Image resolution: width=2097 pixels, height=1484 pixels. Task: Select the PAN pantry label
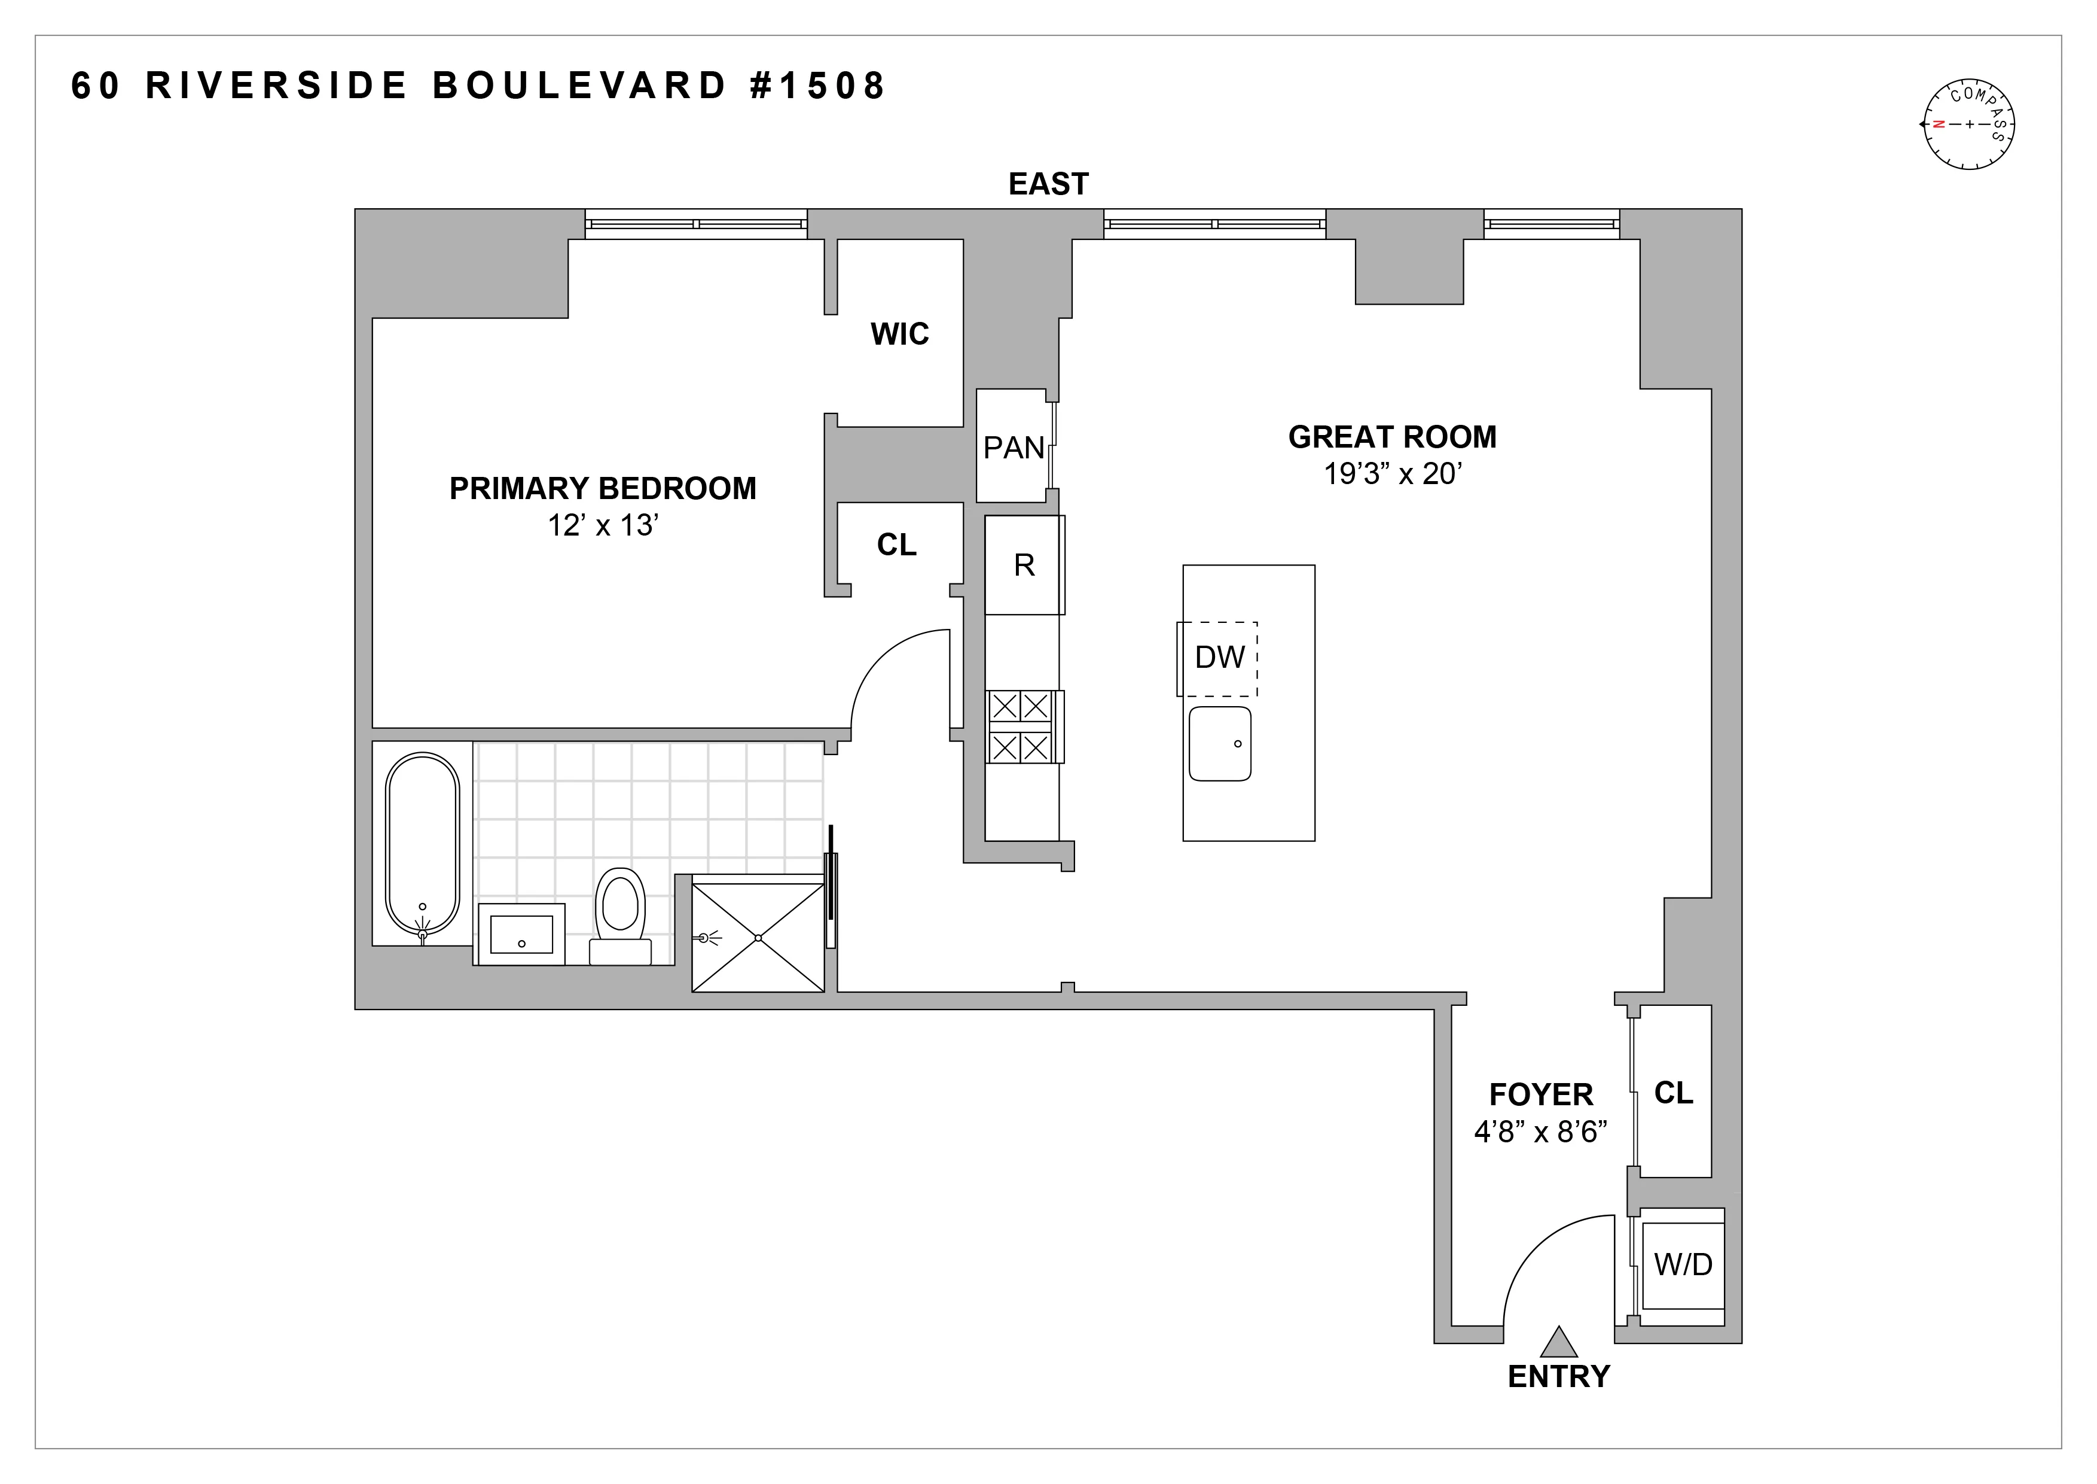[x=1013, y=448]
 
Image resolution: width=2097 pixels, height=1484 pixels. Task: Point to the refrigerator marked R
[x=1024, y=565]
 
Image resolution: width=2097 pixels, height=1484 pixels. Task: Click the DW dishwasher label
[x=1219, y=657]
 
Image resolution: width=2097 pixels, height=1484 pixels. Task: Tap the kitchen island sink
[x=1220, y=743]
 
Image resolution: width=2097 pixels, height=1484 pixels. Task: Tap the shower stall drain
[x=758, y=938]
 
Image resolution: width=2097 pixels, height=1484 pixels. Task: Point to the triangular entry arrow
[x=1558, y=1342]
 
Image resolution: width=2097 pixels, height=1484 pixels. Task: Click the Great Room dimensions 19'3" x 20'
[x=1393, y=475]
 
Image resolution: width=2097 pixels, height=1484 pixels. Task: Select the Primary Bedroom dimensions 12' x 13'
[x=603, y=527]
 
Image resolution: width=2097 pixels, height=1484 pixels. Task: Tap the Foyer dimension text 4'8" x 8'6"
[x=1541, y=1133]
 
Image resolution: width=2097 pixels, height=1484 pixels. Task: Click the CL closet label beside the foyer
[x=1673, y=1093]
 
